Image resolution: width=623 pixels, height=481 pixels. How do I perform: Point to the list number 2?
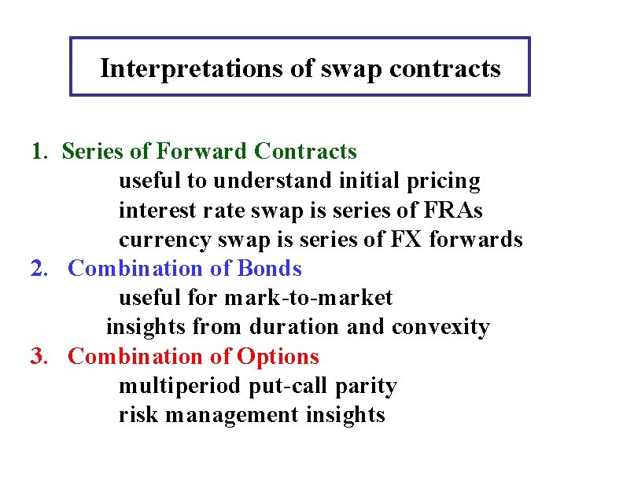pos(38,269)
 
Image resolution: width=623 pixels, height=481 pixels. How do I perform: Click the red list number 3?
pos(38,357)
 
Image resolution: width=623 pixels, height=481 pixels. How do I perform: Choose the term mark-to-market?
pos(308,299)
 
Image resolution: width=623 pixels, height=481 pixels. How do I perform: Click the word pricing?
pos(444,182)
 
